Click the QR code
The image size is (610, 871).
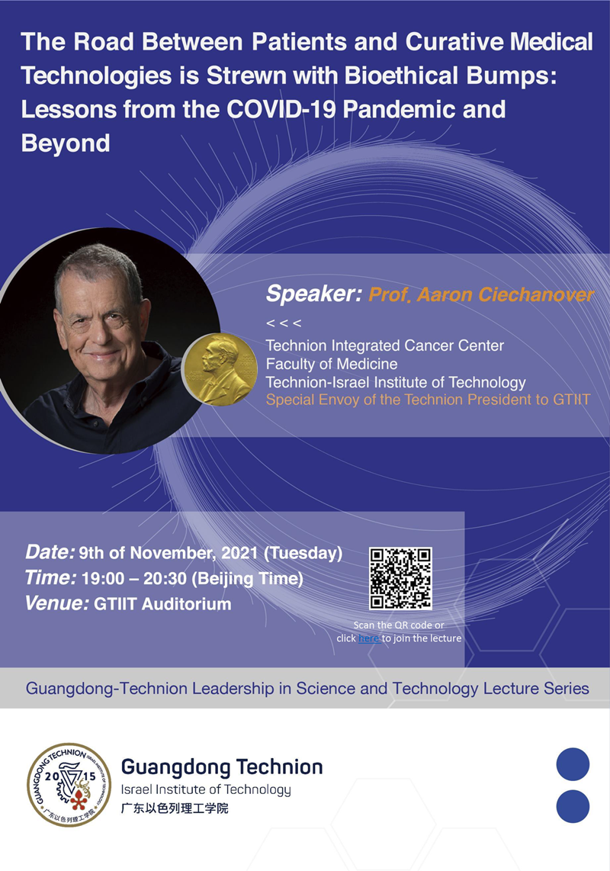click(x=400, y=578)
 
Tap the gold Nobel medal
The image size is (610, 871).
click(x=220, y=370)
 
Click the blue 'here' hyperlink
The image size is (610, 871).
click(x=368, y=638)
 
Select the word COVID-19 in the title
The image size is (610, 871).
click(x=281, y=109)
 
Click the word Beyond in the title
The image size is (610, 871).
click(x=66, y=143)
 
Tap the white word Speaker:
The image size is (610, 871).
click(x=314, y=294)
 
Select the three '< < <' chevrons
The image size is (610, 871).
click(x=284, y=323)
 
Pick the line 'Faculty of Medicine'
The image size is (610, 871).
click(x=332, y=364)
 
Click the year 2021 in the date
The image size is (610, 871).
click(x=239, y=553)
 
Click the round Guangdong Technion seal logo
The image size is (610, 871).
click(x=69, y=785)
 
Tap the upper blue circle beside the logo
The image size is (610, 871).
click(x=573, y=764)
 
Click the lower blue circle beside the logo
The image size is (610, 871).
click(x=573, y=807)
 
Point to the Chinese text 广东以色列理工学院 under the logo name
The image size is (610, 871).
click(x=175, y=808)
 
